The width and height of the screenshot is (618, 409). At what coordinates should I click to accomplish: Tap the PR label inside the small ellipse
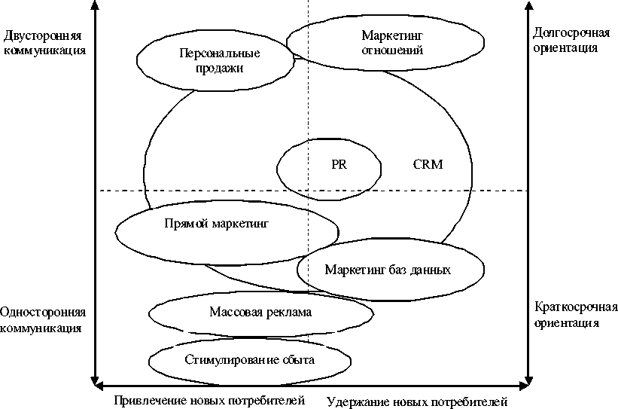click(339, 165)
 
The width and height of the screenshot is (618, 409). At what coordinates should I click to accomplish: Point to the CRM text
click(428, 164)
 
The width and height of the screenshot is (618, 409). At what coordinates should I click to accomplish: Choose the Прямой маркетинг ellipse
click(216, 224)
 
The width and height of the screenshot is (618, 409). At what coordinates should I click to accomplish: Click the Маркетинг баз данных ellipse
click(388, 270)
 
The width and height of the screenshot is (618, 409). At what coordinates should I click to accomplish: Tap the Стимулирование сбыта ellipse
click(249, 360)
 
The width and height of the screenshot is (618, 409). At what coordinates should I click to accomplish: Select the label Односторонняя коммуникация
click(44, 319)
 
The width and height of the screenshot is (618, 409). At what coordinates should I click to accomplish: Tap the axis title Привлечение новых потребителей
click(209, 400)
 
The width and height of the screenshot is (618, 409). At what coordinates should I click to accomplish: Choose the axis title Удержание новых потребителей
click(418, 401)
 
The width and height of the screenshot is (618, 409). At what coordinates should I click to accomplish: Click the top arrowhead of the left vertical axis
click(94, 6)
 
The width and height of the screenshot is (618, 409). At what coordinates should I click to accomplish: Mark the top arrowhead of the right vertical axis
click(528, 6)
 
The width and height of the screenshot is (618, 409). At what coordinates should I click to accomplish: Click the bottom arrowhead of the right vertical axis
click(528, 379)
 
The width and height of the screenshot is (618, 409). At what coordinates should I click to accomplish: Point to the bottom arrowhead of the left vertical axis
click(94, 379)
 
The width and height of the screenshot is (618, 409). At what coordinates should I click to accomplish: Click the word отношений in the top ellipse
click(392, 51)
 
